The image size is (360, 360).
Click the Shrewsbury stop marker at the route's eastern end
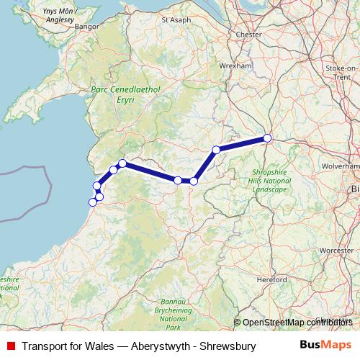point(267,138)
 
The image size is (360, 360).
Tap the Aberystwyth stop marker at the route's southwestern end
point(92,202)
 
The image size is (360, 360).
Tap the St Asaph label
point(176,19)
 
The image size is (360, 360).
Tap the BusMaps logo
point(326,345)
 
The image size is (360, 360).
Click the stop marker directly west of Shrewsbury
point(216,150)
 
